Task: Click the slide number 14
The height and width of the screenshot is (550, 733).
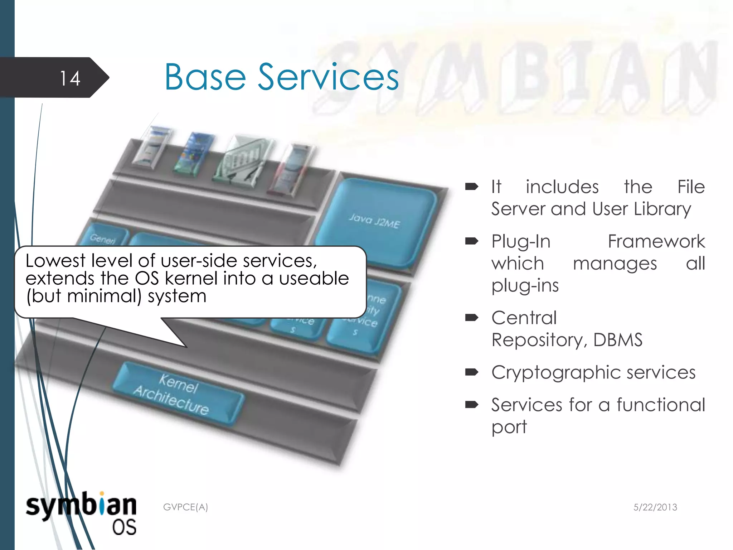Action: point(70,78)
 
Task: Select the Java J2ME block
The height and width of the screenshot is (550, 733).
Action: point(374,221)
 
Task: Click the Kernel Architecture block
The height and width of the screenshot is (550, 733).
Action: point(178,394)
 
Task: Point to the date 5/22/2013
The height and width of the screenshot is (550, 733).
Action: point(655,507)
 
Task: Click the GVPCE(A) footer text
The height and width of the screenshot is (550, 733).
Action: point(185,507)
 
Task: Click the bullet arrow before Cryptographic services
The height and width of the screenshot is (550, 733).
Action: point(471,372)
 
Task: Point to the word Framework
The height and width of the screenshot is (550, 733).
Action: point(656,241)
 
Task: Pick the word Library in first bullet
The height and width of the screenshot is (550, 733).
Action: point(662,209)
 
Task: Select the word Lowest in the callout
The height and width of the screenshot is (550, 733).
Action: point(56,260)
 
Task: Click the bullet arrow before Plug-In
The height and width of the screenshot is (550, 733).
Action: point(471,241)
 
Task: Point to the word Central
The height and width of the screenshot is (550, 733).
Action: point(524,318)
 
